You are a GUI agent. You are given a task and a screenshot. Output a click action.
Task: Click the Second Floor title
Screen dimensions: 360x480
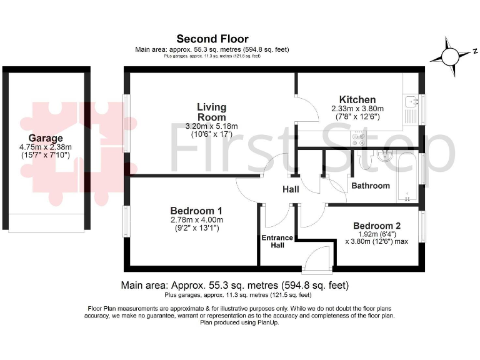[x=212, y=39]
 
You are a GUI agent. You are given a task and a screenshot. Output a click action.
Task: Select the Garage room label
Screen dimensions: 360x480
[x=46, y=138]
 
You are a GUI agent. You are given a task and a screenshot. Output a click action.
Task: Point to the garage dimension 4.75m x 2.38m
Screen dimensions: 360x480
[x=46, y=147]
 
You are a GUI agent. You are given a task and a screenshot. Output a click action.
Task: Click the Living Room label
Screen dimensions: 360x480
[x=212, y=112]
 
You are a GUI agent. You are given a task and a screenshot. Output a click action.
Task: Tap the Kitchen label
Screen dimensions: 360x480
[x=357, y=99]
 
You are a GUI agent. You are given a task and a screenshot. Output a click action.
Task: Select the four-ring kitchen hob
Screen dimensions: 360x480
[x=359, y=140]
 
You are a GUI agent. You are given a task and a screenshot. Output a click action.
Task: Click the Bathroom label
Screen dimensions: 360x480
[x=370, y=186]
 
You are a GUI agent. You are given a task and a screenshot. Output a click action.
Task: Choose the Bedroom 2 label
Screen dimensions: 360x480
[x=376, y=226]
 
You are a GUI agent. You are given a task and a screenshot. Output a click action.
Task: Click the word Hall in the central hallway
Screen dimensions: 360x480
[x=291, y=189]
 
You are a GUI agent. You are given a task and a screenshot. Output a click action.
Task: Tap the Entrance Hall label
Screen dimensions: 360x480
[x=277, y=241]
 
